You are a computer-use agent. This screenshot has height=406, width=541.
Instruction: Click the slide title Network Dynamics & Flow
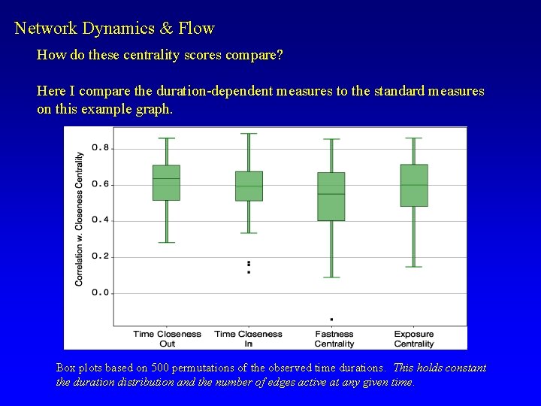114,29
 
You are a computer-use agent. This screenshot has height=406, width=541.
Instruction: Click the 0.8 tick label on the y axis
101,147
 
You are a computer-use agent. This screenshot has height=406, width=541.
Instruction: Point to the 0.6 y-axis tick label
101,184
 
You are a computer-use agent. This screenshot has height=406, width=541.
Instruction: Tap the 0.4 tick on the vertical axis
101,220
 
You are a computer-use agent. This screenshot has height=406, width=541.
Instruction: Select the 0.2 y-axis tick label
101,256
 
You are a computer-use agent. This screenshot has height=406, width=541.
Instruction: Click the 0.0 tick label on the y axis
101,292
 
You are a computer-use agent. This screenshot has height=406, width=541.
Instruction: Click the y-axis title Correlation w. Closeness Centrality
80,219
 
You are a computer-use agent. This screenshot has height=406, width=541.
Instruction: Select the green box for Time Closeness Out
166,183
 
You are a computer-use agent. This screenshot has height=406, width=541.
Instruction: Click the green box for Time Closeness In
249,186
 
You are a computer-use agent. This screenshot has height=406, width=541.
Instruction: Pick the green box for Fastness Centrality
331,196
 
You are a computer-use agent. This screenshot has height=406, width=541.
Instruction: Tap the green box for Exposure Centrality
414,185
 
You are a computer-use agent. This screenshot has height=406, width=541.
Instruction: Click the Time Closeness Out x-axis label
167,338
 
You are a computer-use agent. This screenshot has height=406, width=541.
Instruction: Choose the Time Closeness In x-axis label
249,338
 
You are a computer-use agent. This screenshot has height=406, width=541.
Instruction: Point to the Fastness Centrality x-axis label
334,338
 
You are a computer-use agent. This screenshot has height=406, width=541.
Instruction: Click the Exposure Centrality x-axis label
414,338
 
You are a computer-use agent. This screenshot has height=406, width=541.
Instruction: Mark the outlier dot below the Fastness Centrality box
331,319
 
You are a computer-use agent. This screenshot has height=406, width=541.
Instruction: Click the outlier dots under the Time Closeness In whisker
249,267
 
